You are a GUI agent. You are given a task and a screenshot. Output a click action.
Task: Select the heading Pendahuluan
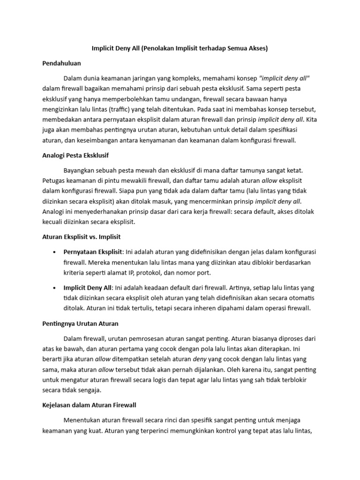[61, 62]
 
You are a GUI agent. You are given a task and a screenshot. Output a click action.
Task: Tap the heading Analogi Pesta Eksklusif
[75, 155]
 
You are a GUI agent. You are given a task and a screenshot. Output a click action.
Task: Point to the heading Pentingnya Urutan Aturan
[80, 323]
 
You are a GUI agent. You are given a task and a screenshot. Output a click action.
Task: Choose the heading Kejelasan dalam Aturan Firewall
[89, 405]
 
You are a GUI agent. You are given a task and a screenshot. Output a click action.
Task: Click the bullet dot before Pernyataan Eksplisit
[56, 252]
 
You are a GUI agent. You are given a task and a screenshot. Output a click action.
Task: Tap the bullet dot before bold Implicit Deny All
[56, 287]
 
